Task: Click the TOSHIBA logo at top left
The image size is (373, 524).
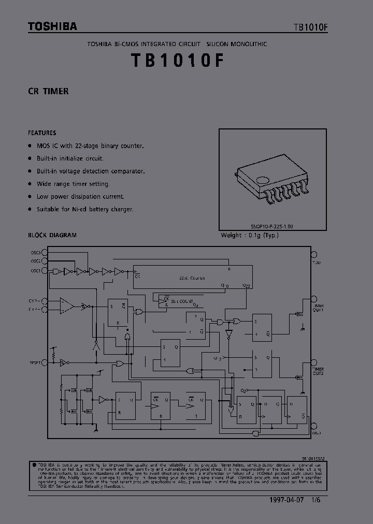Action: [52, 26]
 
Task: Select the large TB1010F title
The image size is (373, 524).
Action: [178, 61]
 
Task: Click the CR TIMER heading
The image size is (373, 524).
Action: [48, 91]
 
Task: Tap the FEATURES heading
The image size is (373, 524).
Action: [42, 133]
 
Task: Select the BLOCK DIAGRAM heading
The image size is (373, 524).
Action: [52, 235]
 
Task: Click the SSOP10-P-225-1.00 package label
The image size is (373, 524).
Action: [272, 226]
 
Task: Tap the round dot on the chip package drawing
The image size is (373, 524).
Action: [263, 181]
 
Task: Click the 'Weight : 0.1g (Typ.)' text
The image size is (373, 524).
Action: [250, 235]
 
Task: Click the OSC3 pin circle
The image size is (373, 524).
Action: [45, 253]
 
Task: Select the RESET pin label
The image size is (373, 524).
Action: [35, 363]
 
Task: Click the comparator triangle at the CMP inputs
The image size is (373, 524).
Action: [66, 305]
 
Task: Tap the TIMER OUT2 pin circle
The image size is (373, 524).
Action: [313, 362]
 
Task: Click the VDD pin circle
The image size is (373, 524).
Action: [313, 253]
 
